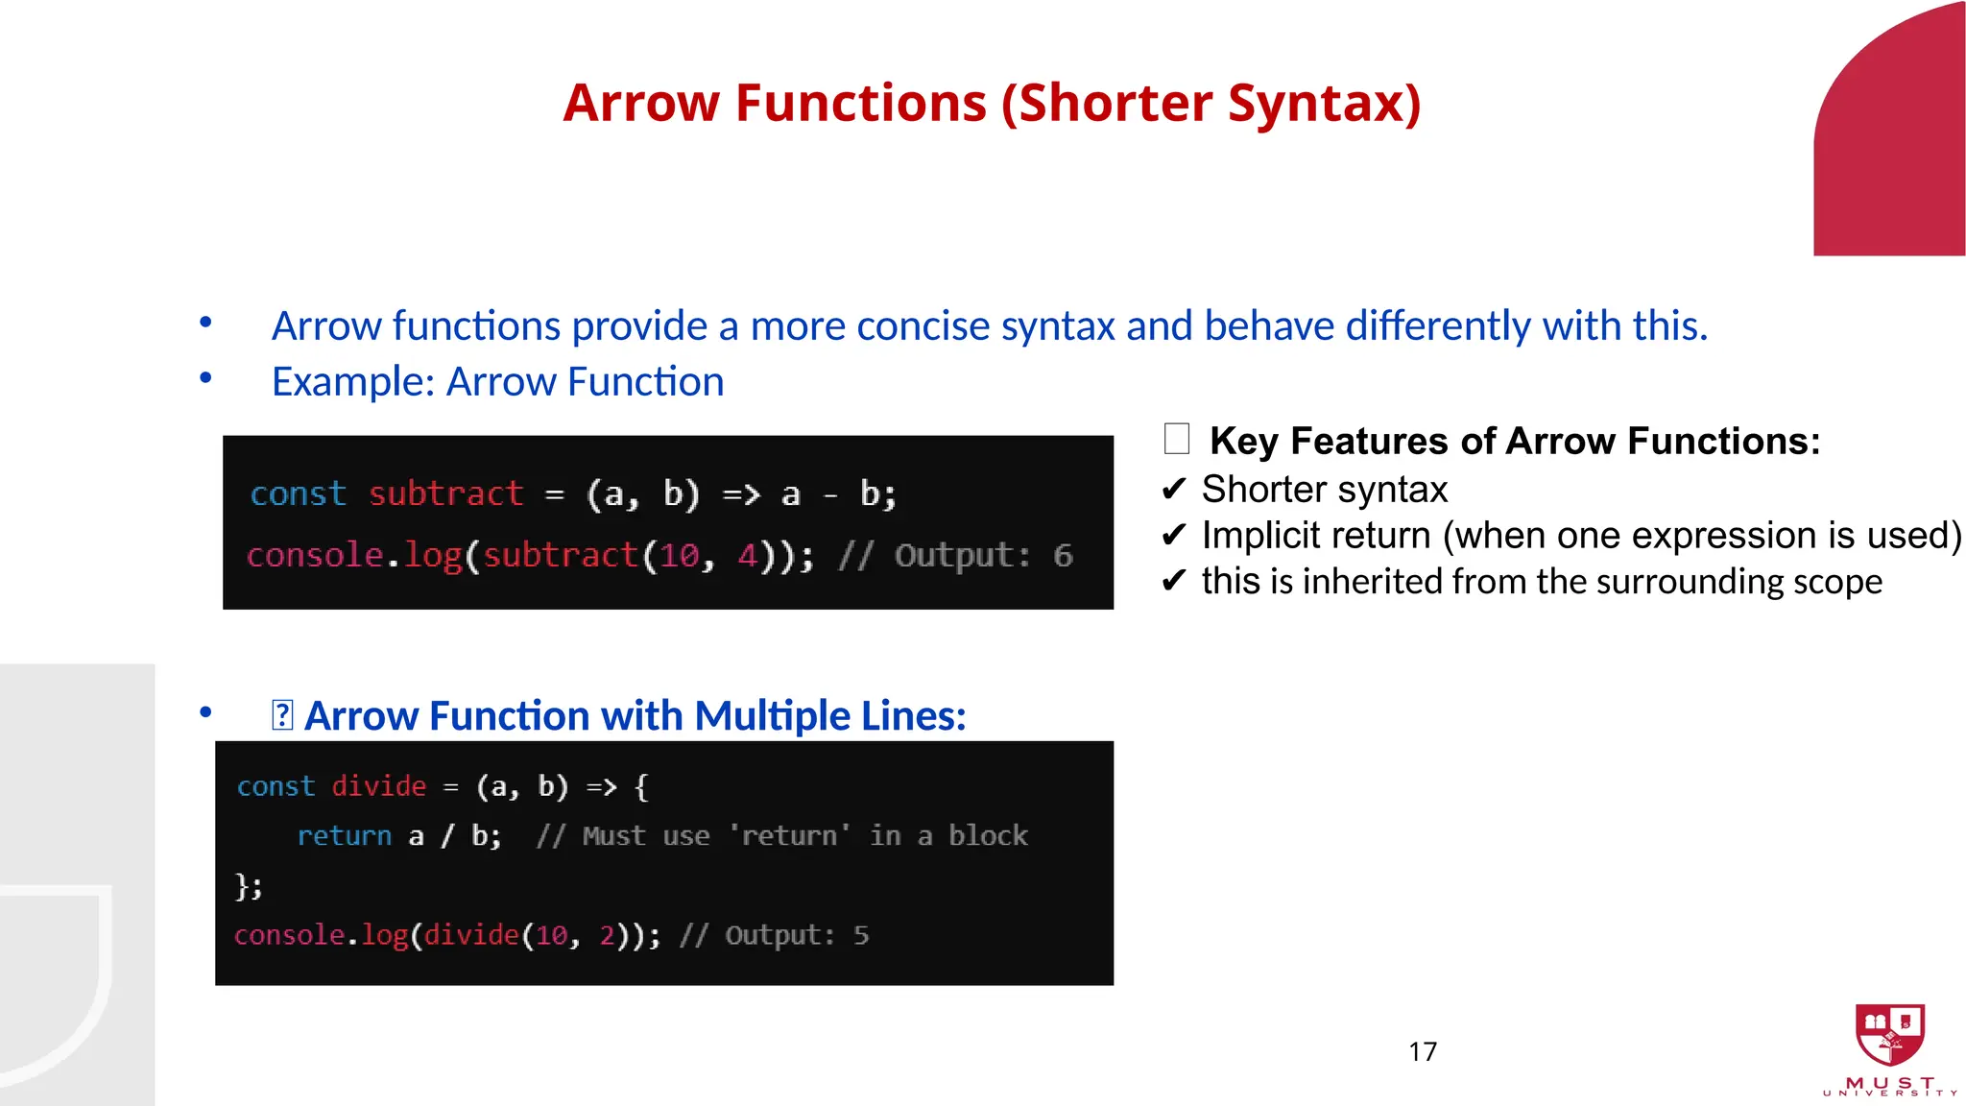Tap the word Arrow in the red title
(x=640, y=104)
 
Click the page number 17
(x=1423, y=1051)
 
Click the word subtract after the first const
(x=445, y=493)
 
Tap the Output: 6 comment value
(x=983, y=555)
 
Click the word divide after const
(x=378, y=786)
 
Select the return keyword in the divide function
(x=344, y=835)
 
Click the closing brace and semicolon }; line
(x=249, y=885)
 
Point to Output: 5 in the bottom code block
(x=796, y=935)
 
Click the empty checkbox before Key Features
(x=1176, y=440)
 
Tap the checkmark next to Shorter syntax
(x=1173, y=490)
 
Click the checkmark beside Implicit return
(x=1173, y=536)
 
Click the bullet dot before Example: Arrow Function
(x=205, y=379)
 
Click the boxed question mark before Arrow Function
(x=282, y=715)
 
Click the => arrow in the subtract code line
(x=740, y=494)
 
